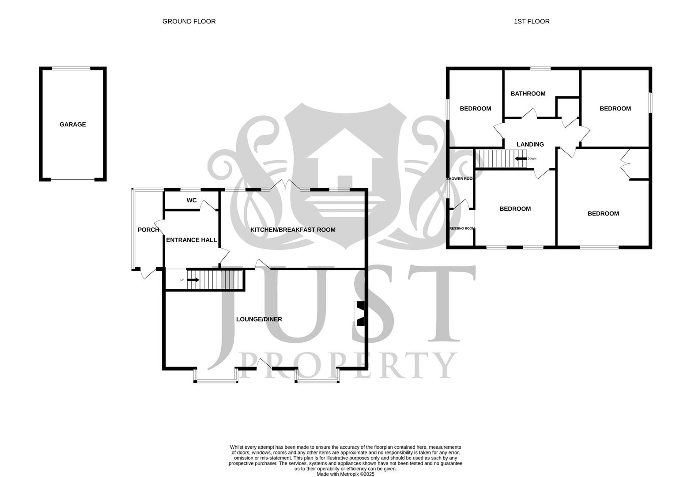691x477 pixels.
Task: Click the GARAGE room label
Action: pyautogui.click(x=73, y=125)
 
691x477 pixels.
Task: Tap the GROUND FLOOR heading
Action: pyautogui.click(x=189, y=21)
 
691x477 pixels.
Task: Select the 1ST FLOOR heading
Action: pyautogui.click(x=532, y=21)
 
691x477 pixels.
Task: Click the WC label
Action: pyautogui.click(x=191, y=201)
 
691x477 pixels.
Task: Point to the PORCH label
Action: pyautogui.click(x=148, y=230)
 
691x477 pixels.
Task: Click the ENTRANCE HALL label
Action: pyautogui.click(x=191, y=240)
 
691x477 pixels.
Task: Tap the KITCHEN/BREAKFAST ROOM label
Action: pyautogui.click(x=293, y=230)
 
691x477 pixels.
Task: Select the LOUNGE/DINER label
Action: pyautogui.click(x=259, y=319)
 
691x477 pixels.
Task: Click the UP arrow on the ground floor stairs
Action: pyautogui.click(x=193, y=280)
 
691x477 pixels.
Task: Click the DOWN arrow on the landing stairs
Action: pyautogui.click(x=521, y=159)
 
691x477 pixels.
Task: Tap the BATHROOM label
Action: pyautogui.click(x=528, y=94)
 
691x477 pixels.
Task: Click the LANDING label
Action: pyautogui.click(x=530, y=144)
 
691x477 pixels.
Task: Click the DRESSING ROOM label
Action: pyautogui.click(x=461, y=229)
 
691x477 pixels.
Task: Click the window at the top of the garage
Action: pyautogui.click(x=71, y=68)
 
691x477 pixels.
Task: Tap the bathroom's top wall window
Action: pyautogui.click(x=540, y=68)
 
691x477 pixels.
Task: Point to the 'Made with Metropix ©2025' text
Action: pyautogui.click(x=345, y=474)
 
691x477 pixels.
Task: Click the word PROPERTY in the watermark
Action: pyautogui.click(x=347, y=365)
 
